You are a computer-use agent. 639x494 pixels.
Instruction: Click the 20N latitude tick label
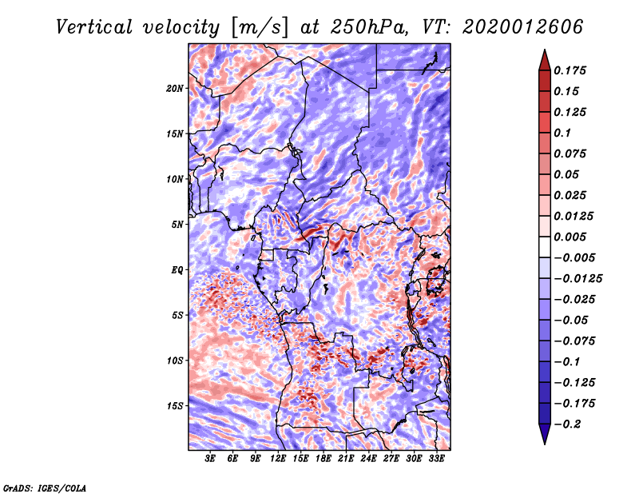[175, 88]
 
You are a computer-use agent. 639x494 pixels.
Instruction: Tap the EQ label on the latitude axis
[177, 269]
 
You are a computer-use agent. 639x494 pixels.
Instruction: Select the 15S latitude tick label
[175, 405]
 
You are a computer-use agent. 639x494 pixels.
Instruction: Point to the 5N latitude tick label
[177, 225]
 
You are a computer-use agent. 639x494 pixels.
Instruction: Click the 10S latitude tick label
[175, 361]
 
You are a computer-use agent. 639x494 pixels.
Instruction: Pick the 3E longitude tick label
[211, 459]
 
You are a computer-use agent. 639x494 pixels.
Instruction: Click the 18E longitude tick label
[323, 459]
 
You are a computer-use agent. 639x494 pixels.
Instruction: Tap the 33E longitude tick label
[437, 459]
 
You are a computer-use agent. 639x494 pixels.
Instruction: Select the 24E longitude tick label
[369, 459]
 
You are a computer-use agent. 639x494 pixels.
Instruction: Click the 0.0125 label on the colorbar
[575, 216]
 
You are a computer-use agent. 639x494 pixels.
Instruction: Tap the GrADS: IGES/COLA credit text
[44, 487]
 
